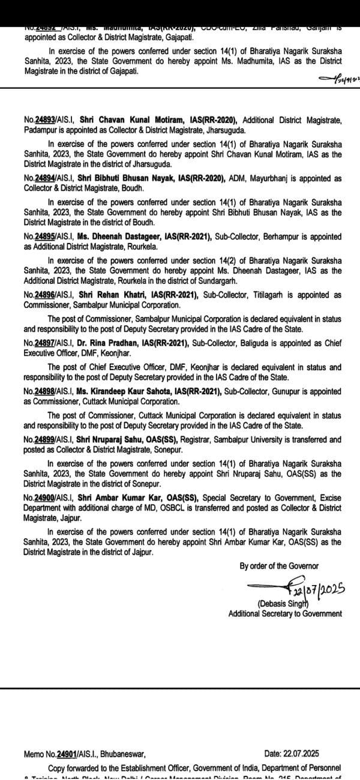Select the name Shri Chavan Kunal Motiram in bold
(112, 120)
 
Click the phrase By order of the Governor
(279, 566)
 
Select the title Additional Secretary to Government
(285, 613)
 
